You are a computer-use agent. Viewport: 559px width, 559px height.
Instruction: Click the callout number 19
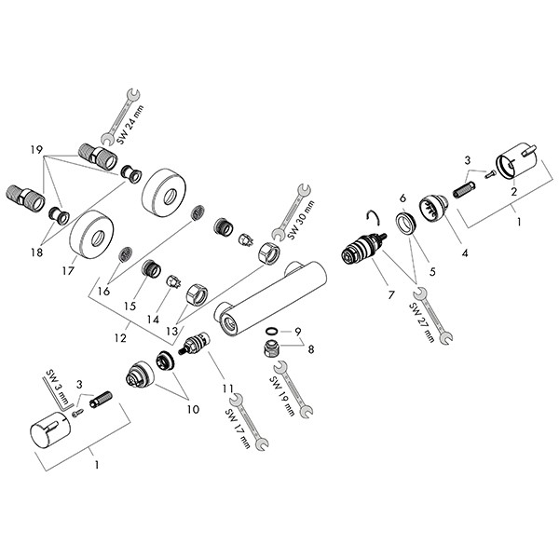[x=36, y=149]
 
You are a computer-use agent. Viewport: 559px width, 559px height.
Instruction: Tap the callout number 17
[x=67, y=272]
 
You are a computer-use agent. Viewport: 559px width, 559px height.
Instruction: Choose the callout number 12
[x=118, y=338]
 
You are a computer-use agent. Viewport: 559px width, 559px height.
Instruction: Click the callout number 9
[x=297, y=332]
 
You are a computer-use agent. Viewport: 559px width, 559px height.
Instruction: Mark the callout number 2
[x=513, y=192]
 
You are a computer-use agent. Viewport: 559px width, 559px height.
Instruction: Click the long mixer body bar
[x=270, y=293]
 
